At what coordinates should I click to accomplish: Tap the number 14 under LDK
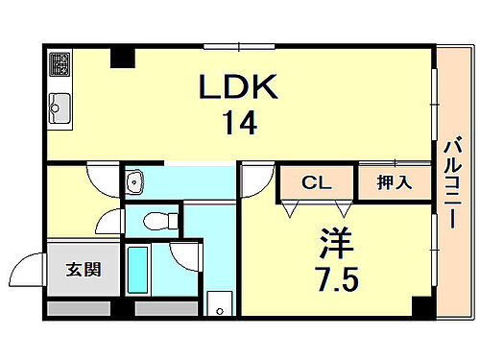240,125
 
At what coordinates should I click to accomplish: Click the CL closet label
316,181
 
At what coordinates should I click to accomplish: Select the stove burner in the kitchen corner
60,64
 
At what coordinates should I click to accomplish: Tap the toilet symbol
156,221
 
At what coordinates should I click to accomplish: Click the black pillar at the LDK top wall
121,58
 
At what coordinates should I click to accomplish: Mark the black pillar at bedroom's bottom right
420,307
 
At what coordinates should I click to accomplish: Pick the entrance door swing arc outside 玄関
32,268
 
